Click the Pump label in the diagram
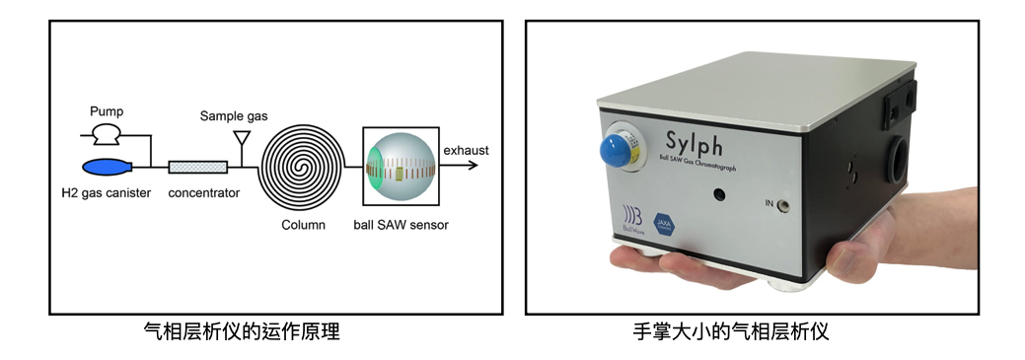[106, 111]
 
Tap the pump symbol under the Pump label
[104, 133]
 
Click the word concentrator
[203, 192]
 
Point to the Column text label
[302, 225]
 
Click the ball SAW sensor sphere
[400, 166]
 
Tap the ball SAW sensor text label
[401, 225]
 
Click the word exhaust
[466, 150]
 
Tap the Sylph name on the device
[696, 141]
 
